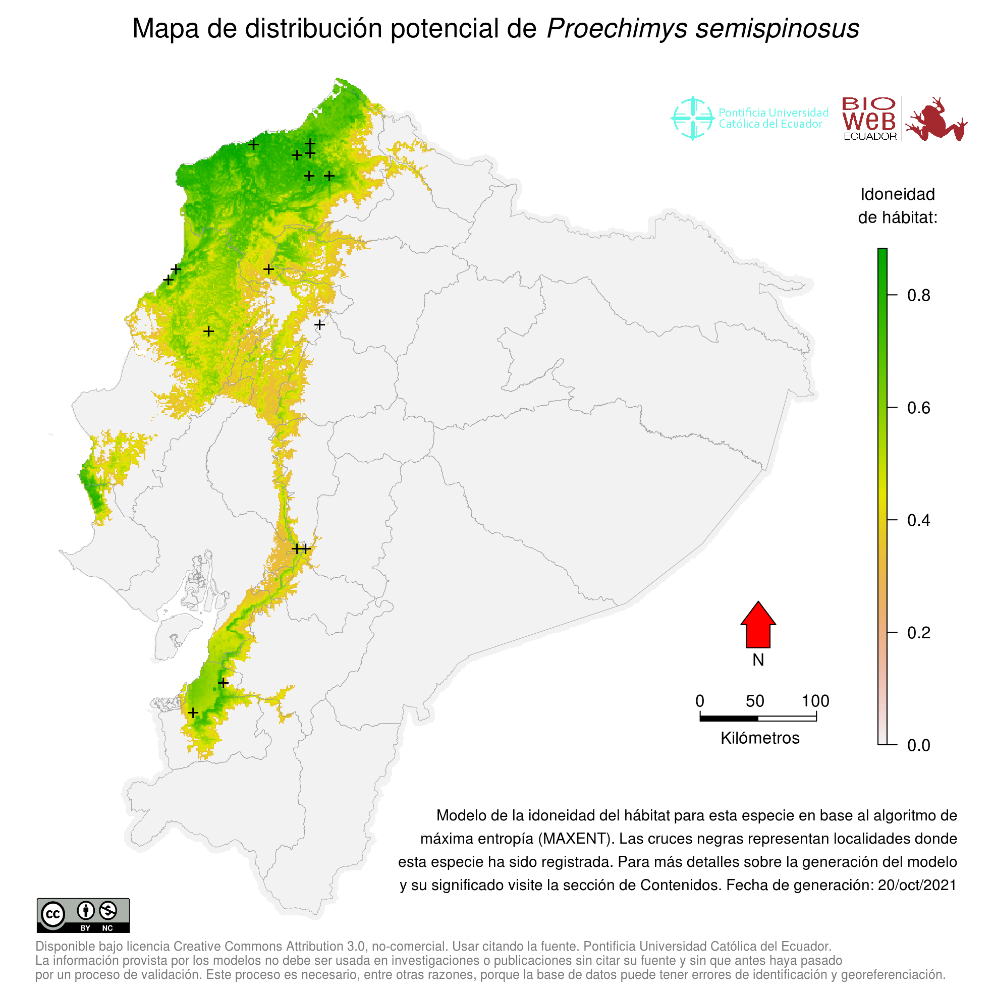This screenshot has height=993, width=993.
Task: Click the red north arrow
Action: (758, 625)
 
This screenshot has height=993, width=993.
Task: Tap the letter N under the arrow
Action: (758, 660)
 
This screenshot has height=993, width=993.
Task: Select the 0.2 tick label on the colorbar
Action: (918, 633)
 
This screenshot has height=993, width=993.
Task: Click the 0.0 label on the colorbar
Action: (918, 745)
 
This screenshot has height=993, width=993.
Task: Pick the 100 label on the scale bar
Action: (816, 701)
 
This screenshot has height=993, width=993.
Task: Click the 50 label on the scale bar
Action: (755, 701)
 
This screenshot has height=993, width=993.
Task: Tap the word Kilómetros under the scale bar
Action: (760, 738)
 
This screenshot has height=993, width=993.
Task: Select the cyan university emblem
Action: (693, 118)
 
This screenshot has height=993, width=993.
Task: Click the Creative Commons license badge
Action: (83, 915)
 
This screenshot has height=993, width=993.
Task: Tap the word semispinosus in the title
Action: (777, 28)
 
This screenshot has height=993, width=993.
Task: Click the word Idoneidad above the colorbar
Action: (898, 194)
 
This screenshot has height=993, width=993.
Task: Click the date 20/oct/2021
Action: (917, 885)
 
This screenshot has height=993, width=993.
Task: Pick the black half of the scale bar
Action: (729, 719)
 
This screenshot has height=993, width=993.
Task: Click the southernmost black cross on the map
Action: (193, 713)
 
